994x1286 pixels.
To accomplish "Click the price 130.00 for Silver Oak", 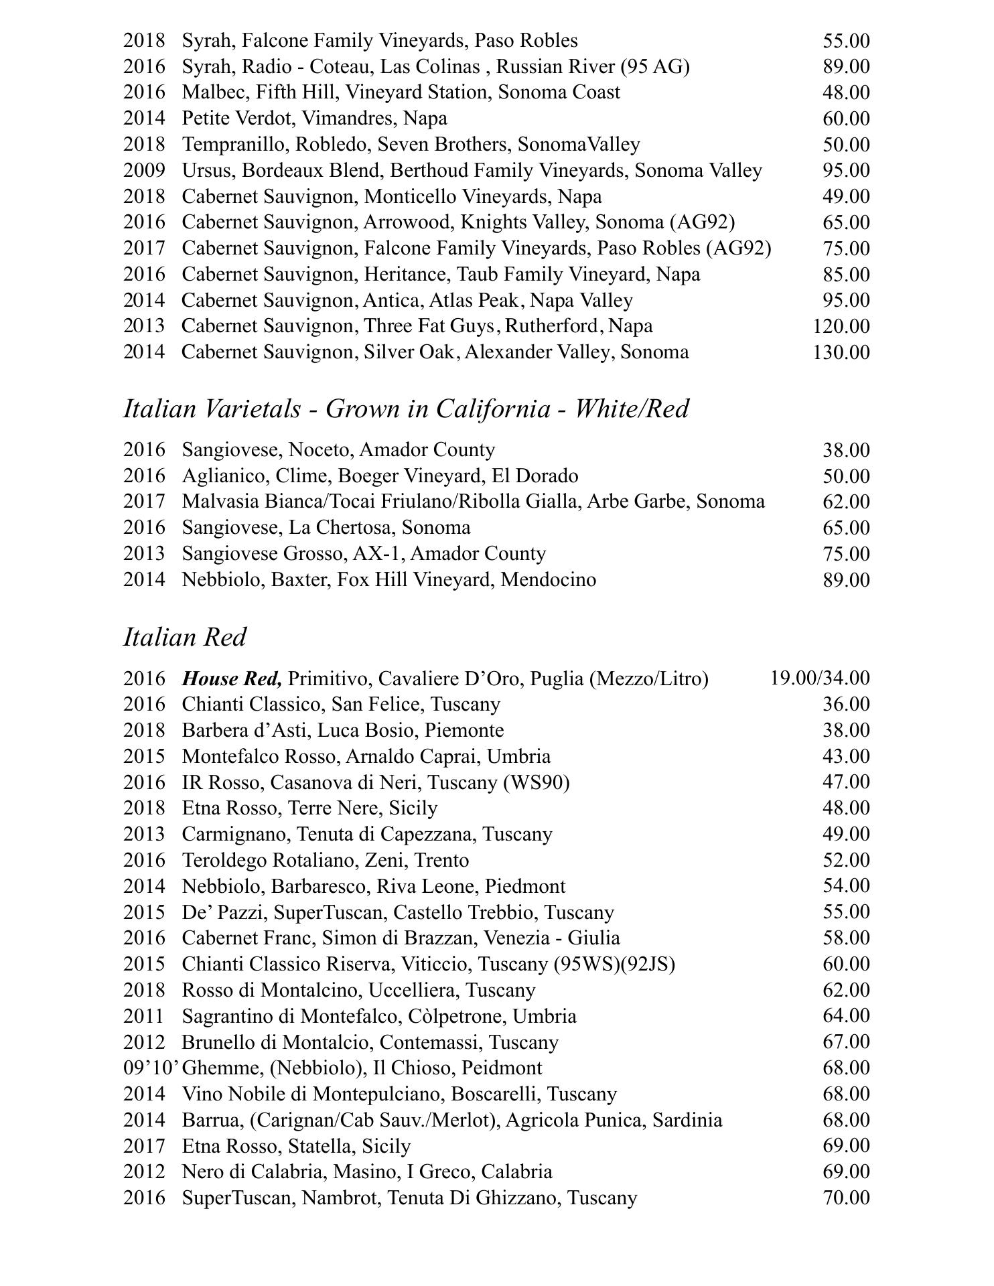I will (841, 352).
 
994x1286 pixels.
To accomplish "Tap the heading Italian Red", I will (185, 637).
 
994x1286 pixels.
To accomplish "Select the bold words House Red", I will (232, 678).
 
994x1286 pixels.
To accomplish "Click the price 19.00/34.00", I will (820, 678).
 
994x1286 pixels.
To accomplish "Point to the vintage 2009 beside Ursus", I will (144, 170).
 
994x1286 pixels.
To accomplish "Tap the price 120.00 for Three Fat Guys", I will (841, 326).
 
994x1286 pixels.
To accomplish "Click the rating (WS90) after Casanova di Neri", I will (536, 782).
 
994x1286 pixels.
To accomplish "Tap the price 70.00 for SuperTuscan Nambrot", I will (846, 1198).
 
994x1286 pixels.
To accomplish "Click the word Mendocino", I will (548, 579).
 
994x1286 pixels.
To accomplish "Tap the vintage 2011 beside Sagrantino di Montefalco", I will (144, 1016).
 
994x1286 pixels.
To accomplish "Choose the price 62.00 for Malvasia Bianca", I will (846, 502).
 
